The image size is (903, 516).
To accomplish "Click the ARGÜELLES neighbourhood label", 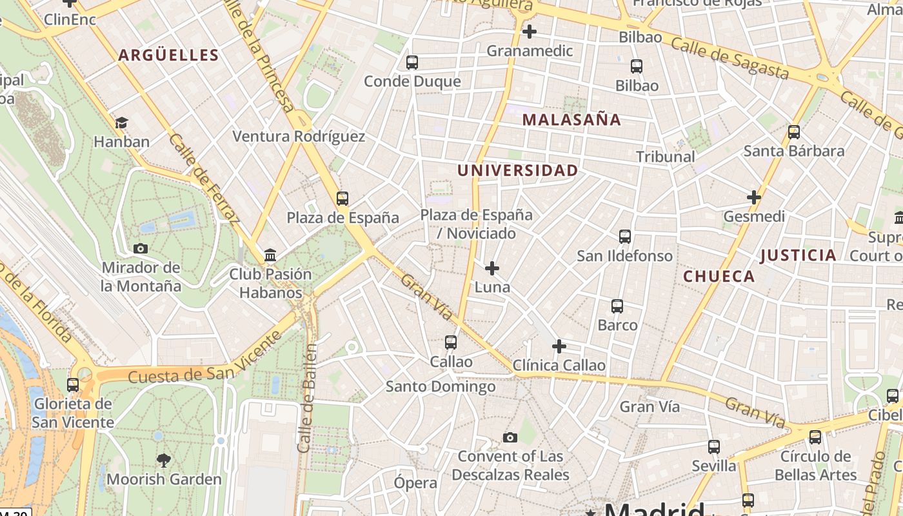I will [168, 55].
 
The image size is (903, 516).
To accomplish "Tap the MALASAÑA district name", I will [571, 119].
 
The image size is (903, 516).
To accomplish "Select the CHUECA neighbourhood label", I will [719, 277].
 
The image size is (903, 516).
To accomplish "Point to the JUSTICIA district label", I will [798, 255].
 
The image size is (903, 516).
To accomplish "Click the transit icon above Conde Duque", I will [412, 63].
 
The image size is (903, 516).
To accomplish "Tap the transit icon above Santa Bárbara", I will [793, 132].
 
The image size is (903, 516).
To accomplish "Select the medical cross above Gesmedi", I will [753, 197].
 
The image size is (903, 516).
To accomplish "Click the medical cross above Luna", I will [492, 268].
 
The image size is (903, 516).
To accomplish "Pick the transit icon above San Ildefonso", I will [624, 237].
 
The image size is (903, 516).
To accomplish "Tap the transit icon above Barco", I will [617, 306].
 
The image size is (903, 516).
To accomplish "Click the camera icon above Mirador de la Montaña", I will [140, 248].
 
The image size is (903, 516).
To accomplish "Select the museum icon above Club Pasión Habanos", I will [270, 255].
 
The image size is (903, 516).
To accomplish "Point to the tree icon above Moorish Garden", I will [164, 460].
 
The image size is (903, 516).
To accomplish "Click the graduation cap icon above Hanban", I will [121, 123].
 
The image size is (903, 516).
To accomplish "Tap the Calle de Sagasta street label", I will [729, 57].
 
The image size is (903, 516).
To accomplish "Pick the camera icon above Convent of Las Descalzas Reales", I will [510, 438].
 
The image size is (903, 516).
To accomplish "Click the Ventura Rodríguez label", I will [299, 137].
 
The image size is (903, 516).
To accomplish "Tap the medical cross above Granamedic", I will [530, 31].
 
